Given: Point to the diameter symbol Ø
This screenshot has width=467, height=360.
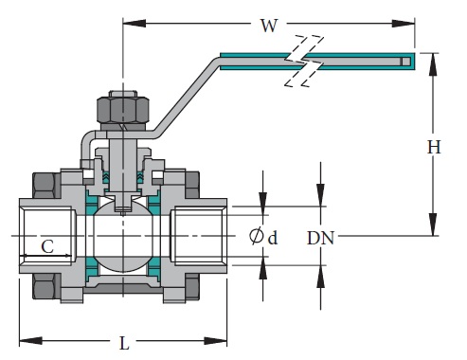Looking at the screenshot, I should click(257, 236).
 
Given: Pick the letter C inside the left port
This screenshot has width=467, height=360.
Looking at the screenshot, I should click(45, 247).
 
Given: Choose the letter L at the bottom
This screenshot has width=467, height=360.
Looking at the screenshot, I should click(124, 344).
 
